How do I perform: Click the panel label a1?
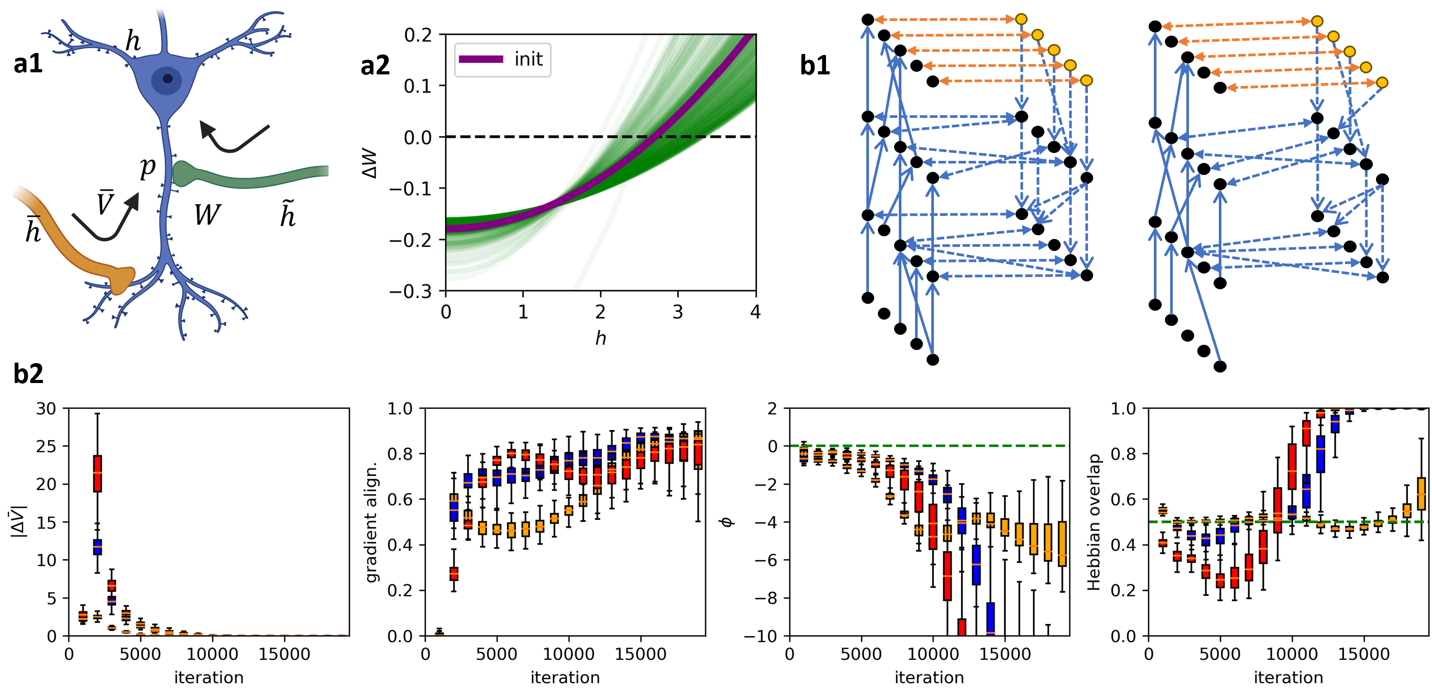[28, 63]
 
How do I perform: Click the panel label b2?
[28, 374]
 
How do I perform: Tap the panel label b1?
[814, 65]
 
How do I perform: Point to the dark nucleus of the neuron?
[167, 79]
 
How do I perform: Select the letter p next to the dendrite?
[147, 166]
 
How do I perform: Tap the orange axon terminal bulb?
[122, 280]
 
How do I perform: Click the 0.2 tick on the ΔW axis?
[418, 35]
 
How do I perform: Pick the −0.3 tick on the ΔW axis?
[411, 291]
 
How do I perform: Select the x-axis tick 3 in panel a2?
[677, 312]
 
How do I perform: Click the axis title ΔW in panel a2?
[370, 163]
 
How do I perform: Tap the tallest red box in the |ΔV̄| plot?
[97, 473]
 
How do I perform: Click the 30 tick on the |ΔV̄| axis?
[46, 409]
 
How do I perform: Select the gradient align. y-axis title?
[372, 521]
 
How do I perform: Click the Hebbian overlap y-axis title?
[1093, 521]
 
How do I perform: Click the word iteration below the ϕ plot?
[929, 678]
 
